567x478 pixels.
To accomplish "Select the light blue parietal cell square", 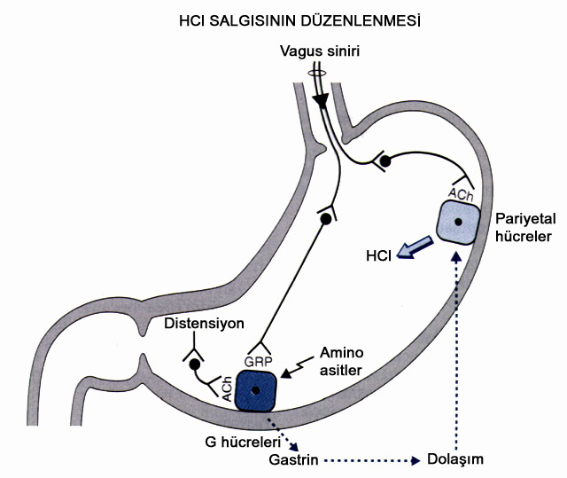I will point(457,221).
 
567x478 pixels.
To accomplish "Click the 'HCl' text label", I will point(378,255).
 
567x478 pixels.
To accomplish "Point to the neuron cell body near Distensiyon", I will point(194,364).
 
